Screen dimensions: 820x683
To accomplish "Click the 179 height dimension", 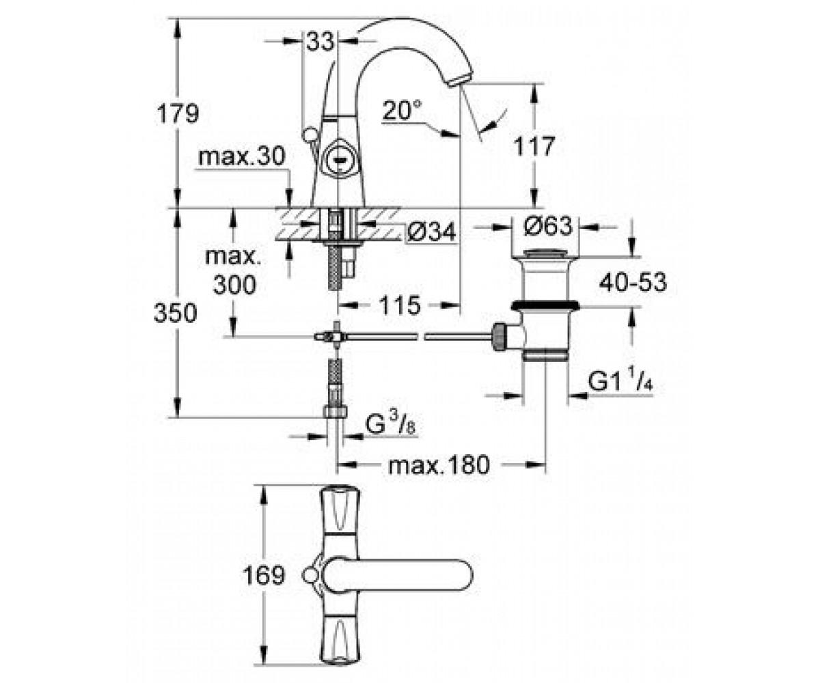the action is [x=178, y=113].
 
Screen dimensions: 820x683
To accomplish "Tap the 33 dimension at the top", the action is [x=320, y=41].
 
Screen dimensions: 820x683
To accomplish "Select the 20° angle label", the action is [x=402, y=110].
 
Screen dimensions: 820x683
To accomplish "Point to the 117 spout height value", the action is [x=534, y=146].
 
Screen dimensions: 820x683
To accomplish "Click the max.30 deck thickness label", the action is [x=241, y=156].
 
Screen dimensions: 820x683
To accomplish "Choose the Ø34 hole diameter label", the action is [x=430, y=232].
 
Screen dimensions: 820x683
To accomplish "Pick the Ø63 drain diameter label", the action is [x=548, y=227].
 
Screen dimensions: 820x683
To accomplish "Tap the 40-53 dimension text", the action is [x=633, y=282].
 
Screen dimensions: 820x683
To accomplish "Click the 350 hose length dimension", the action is [x=175, y=313].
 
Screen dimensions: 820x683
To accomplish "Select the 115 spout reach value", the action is [x=400, y=305].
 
